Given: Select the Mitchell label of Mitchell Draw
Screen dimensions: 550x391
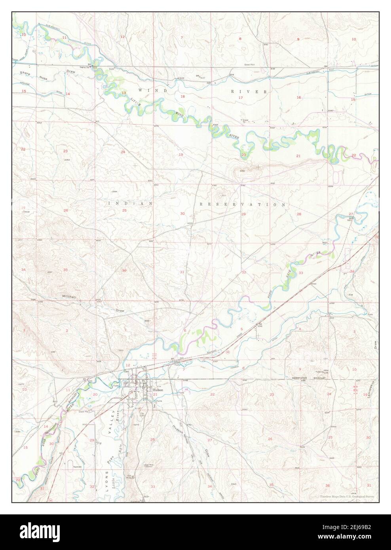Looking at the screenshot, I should (x=70, y=296).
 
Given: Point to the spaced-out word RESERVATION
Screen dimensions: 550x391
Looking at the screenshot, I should (x=242, y=205).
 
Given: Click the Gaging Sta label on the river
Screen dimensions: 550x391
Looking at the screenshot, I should (x=86, y=67).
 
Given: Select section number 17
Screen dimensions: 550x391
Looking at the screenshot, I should (x=240, y=97).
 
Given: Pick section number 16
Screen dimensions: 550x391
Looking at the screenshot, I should (x=299, y=97).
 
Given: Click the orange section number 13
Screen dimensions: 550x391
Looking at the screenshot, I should (x=123, y=93).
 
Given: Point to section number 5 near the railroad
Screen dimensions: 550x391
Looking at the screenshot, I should (x=241, y=329).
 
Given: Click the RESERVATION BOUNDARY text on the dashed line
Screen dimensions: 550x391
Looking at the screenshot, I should (x=309, y=378).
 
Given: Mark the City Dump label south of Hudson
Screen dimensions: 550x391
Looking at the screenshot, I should (x=142, y=413).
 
